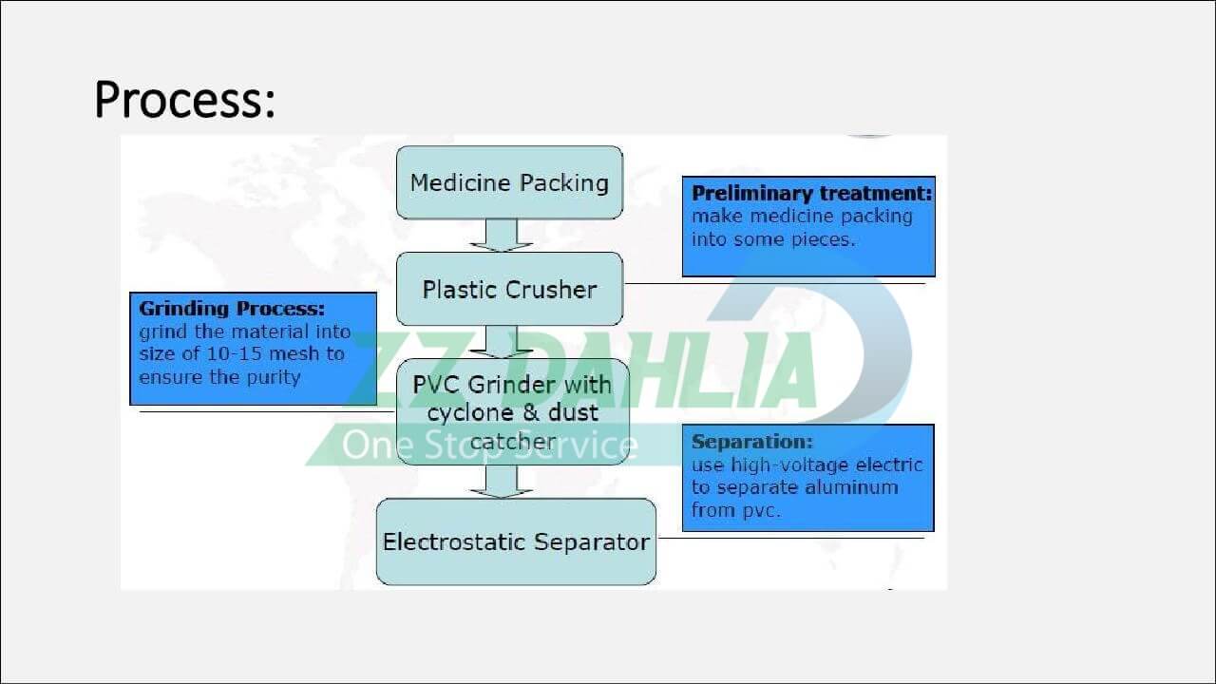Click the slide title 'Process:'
[x=184, y=99]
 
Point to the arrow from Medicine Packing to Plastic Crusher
[x=501, y=236]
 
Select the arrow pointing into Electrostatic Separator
[x=501, y=482]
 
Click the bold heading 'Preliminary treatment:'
[x=811, y=193]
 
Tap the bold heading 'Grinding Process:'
[x=232, y=309]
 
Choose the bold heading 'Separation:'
[x=751, y=442]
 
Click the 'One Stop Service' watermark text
[x=489, y=445]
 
